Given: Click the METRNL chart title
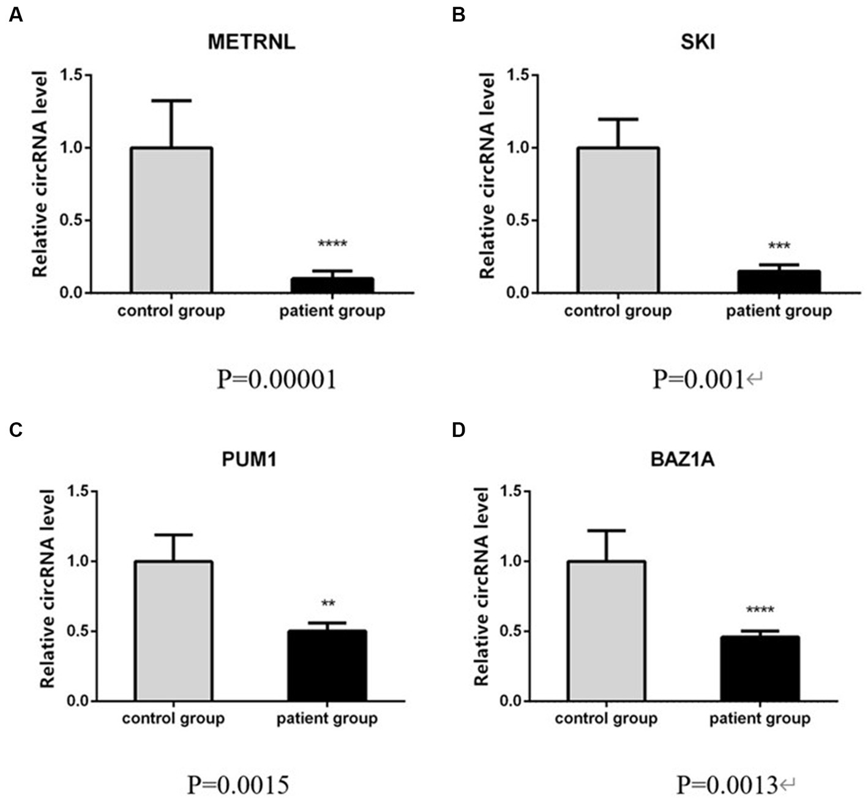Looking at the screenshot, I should (x=252, y=42).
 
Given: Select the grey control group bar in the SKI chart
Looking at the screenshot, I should (x=618, y=220).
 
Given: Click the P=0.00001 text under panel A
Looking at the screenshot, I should (x=277, y=379).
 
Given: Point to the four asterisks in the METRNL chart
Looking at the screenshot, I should (x=332, y=244).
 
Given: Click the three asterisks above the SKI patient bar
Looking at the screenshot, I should (x=779, y=247).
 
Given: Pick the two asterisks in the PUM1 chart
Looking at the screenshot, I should (x=328, y=604).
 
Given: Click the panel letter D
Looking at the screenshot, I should (x=458, y=430).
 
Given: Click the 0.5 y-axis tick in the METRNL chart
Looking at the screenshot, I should (x=72, y=220).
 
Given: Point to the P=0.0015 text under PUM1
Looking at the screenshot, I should (x=238, y=784).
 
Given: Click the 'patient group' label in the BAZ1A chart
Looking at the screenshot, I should (x=760, y=718).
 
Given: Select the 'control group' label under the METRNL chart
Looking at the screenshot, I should (x=171, y=310).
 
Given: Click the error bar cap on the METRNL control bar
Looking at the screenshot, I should (x=172, y=101).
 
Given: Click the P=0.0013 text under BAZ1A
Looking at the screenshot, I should (x=728, y=784).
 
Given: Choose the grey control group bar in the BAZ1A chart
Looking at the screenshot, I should (x=607, y=630).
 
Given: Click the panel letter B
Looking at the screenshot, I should (x=458, y=15).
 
